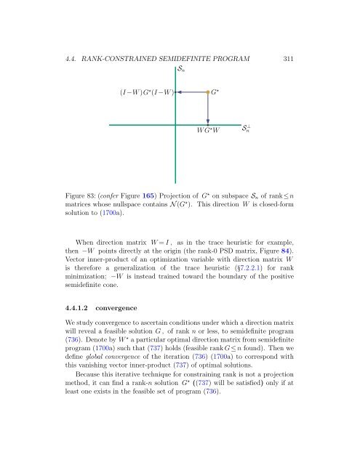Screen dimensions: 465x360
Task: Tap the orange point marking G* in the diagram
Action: [x=207, y=92]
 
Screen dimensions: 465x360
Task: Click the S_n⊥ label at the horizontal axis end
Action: [x=249, y=129]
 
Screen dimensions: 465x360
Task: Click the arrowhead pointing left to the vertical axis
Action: [x=178, y=92]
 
